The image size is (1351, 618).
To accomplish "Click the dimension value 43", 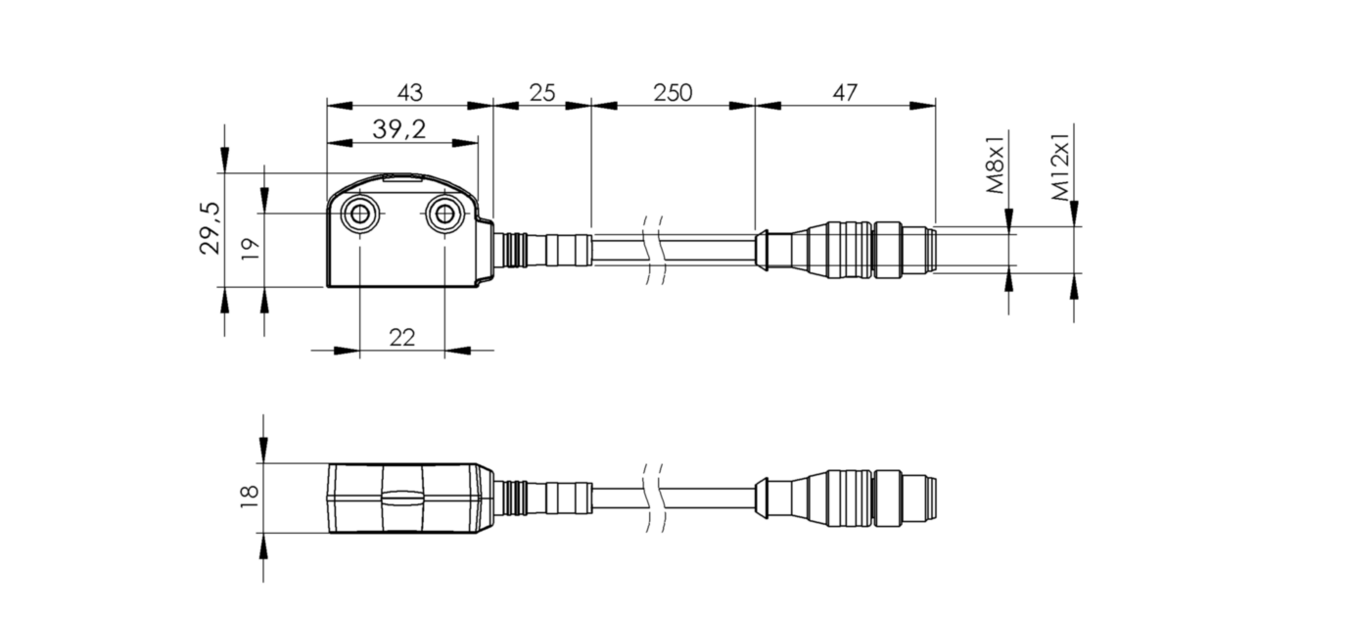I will pyautogui.click(x=409, y=92).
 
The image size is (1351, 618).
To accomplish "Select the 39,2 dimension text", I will pyautogui.click(x=398, y=128).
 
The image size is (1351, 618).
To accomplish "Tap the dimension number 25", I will pyautogui.click(x=541, y=92).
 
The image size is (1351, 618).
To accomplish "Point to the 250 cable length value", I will pyautogui.click(x=673, y=92).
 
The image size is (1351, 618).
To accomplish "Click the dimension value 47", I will pyautogui.click(x=845, y=92).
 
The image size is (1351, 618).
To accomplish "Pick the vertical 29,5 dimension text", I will pyautogui.click(x=210, y=228).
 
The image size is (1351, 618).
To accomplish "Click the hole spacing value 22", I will pyautogui.click(x=401, y=337).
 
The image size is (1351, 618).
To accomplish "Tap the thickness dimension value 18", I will pyautogui.click(x=249, y=497).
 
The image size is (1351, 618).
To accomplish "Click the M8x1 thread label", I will pyautogui.click(x=996, y=166).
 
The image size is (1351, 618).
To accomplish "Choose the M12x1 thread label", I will pyautogui.click(x=1061, y=166).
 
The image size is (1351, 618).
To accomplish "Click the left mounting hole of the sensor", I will pyautogui.click(x=359, y=214).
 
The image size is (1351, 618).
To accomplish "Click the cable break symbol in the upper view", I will pyautogui.click(x=653, y=249).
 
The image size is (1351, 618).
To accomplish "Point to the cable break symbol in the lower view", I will pyautogui.click(x=653, y=497).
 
